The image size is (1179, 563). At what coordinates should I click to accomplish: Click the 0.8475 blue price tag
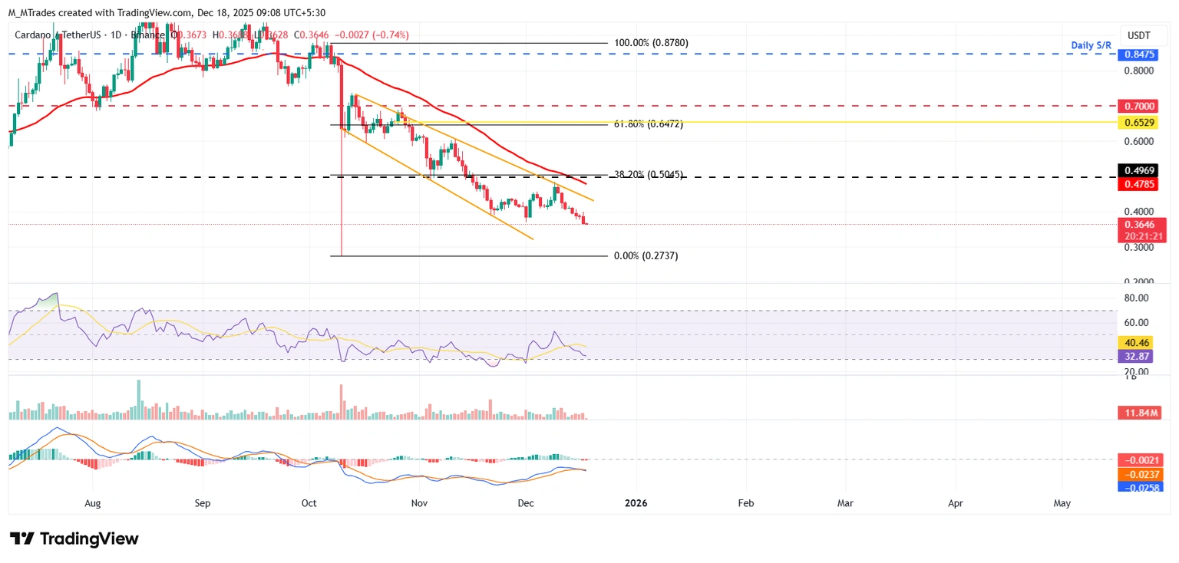(1140, 54)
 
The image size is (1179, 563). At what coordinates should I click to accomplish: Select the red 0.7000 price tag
(1140, 105)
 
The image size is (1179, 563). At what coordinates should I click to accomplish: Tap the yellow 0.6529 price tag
(1140, 123)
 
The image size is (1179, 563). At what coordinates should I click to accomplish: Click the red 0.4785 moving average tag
(1140, 184)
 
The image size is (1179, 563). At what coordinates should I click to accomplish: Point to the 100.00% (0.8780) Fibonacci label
(651, 43)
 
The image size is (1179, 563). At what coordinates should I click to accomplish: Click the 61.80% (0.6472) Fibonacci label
(648, 123)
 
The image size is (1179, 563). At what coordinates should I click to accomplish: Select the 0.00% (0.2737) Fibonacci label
(646, 255)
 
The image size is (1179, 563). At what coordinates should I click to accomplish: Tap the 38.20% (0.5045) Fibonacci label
(648, 175)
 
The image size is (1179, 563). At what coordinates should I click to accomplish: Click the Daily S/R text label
(1091, 45)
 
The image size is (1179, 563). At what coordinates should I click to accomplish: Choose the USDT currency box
(1140, 35)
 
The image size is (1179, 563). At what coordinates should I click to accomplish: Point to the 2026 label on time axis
(636, 503)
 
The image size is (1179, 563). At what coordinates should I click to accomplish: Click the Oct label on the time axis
(309, 503)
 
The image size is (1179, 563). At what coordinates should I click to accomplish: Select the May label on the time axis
(1062, 503)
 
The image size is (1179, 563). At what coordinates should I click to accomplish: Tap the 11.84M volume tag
(1140, 413)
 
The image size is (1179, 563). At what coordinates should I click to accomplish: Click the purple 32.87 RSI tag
(1140, 356)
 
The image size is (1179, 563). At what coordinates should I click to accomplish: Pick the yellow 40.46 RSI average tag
(1140, 343)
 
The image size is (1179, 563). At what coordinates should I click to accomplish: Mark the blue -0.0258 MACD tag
(1141, 487)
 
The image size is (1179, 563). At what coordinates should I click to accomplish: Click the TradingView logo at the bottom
(74, 538)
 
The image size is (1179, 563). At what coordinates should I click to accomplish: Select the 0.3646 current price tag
(1140, 225)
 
